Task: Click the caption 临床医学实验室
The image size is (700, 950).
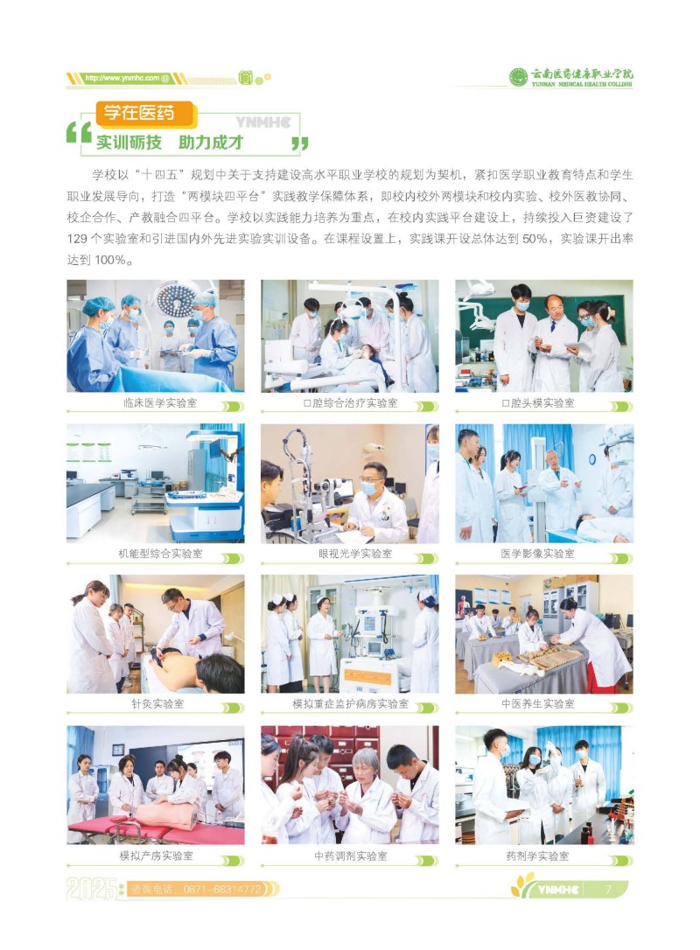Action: tap(160, 403)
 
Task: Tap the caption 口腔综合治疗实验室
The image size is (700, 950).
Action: tap(350, 403)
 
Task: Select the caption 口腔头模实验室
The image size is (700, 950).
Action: tap(538, 403)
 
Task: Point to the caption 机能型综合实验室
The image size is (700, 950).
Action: tap(160, 553)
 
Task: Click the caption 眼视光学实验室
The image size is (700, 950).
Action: tap(355, 553)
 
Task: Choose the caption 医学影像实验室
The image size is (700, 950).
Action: tap(537, 553)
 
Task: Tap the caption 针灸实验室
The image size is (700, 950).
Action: tap(157, 703)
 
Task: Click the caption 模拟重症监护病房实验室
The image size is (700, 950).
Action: tap(350, 703)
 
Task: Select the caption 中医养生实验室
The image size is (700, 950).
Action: tap(537, 703)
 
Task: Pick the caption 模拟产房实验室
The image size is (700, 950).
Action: tap(157, 856)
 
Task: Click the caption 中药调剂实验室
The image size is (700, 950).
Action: tap(350, 856)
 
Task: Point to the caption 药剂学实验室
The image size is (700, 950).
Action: tap(537, 856)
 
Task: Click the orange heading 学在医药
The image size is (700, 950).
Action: tap(139, 113)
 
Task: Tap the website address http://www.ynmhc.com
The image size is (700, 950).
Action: tap(122, 78)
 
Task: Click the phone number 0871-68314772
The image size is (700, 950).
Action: tap(222, 889)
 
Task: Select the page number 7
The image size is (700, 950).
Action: tap(608, 889)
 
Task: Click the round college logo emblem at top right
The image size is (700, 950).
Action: tap(518, 78)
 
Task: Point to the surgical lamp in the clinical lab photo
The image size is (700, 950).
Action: tap(177, 298)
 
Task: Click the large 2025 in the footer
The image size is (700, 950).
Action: tap(92, 889)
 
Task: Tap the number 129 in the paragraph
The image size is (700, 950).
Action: tap(77, 239)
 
